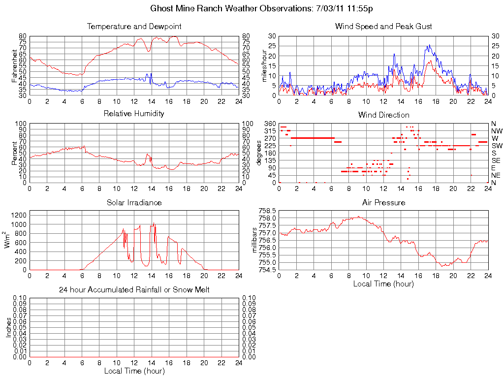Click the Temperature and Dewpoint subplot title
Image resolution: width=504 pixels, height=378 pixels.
(134, 26)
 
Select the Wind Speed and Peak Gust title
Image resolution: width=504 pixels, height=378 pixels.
(383, 26)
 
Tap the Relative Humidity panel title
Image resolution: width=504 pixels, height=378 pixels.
(134, 114)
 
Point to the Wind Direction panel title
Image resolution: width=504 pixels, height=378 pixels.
(383, 115)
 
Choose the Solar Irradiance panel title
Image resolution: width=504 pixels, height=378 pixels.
(134, 202)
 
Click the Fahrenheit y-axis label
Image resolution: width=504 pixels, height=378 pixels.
(15, 65)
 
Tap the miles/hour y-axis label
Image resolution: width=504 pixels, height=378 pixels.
(264, 65)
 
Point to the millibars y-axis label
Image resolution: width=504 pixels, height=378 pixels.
(254, 240)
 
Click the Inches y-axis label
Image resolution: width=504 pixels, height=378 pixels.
(8, 327)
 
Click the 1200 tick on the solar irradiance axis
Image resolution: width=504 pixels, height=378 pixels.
(20, 215)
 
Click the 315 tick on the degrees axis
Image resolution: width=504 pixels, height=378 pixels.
(270, 131)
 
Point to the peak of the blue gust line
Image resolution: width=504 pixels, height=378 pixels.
(429, 45)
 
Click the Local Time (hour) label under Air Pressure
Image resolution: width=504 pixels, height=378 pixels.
(383, 283)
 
